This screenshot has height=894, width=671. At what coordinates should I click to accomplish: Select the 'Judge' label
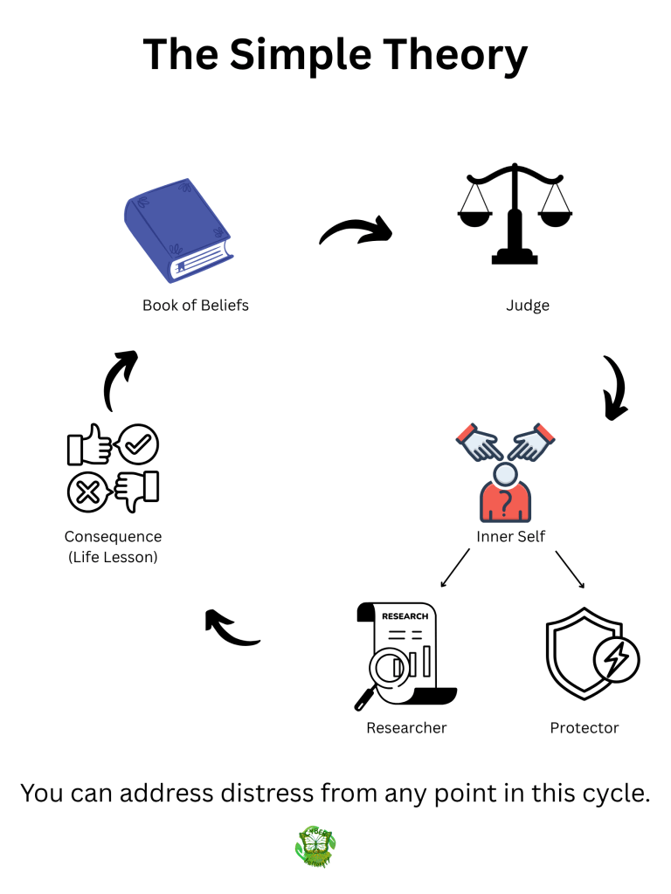(x=528, y=306)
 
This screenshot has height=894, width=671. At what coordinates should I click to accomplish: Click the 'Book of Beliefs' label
(x=196, y=306)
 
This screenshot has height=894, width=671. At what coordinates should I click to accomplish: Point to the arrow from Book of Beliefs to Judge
(x=355, y=231)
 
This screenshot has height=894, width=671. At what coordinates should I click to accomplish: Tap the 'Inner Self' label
(x=511, y=536)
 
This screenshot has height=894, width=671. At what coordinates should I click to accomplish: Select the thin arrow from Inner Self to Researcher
(x=454, y=568)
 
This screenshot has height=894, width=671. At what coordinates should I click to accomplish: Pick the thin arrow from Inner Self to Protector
(x=570, y=569)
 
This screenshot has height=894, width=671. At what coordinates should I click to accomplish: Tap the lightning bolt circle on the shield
(x=616, y=660)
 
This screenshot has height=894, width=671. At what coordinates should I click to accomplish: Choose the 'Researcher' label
(x=406, y=728)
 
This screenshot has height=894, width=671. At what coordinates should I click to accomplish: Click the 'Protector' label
(x=585, y=728)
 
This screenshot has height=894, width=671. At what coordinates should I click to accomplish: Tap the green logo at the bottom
(x=315, y=847)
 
